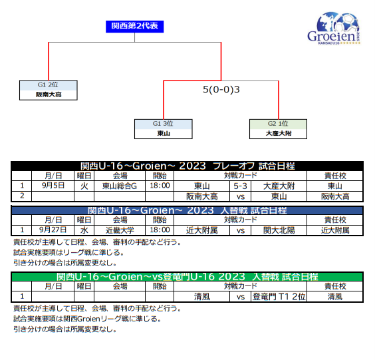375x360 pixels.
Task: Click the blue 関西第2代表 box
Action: (135, 27)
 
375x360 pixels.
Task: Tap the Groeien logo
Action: (334, 28)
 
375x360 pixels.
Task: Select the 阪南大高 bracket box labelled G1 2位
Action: (49, 90)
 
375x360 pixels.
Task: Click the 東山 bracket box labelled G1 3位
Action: (164, 129)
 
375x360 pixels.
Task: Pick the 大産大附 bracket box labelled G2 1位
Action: (278, 129)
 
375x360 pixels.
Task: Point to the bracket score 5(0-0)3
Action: (221, 90)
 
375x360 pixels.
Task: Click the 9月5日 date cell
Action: (53, 186)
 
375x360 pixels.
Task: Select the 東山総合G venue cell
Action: (120, 186)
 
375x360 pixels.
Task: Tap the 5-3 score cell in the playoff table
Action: (240, 186)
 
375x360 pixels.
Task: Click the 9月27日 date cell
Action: (53, 230)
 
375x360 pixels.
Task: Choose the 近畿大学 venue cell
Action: (120, 230)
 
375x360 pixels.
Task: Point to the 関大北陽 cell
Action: (279, 230)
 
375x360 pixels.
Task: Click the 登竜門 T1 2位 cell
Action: (279, 297)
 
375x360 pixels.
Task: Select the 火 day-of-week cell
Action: (84, 186)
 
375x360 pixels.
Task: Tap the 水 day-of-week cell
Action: (84, 230)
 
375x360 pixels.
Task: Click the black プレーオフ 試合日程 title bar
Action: (187, 166)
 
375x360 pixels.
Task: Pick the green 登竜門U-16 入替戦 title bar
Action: (187, 276)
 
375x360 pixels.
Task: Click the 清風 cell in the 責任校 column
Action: (335, 297)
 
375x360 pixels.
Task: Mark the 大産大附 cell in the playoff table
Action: (279, 186)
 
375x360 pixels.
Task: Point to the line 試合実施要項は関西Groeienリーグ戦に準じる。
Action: (88, 319)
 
